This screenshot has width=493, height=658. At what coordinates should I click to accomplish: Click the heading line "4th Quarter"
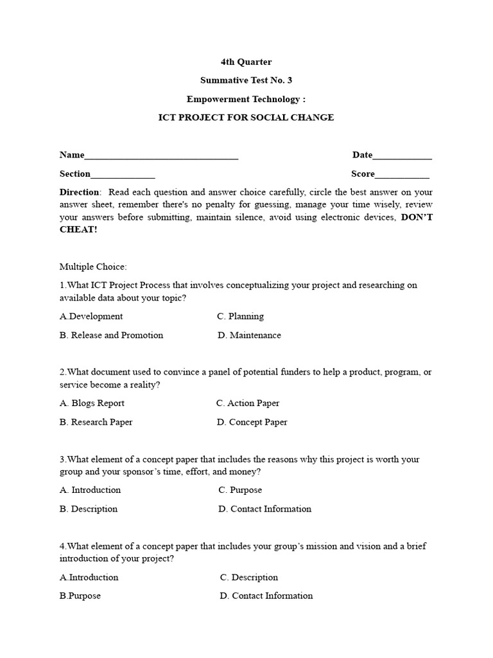pyautogui.click(x=246, y=62)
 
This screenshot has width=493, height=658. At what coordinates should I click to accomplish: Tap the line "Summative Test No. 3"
pyautogui.click(x=246, y=81)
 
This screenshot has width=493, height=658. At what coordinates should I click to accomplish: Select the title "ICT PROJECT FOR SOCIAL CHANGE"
pyautogui.click(x=246, y=118)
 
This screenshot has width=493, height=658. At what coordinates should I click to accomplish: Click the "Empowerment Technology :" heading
pyautogui.click(x=246, y=100)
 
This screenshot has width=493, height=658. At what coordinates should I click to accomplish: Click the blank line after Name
pyautogui.click(x=161, y=157)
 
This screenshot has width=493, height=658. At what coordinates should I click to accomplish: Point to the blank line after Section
pyautogui.click(x=123, y=175)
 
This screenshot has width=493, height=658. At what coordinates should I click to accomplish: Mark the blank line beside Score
pyautogui.click(x=402, y=175)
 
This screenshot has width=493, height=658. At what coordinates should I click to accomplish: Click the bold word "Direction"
pyautogui.click(x=80, y=192)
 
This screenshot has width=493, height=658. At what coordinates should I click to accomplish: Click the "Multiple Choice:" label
pyautogui.click(x=93, y=266)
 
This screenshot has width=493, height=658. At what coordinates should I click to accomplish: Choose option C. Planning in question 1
pyautogui.click(x=240, y=316)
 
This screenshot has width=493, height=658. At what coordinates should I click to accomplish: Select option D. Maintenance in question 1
pyautogui.click(x=249, y=335)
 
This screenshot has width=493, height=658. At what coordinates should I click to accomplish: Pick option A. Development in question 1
pyautogui.click(x=91, y=316)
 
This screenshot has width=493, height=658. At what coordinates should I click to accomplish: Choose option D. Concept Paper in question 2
pyautogui.click(x=252, y=422)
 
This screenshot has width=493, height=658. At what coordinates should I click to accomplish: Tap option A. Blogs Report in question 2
pyautogui.click(x=92, y=404)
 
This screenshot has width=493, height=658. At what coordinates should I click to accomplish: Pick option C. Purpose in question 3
pyautogui.click(x=240, y=490)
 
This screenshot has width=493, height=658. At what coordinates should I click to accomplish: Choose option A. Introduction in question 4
pyautogui.click(x=89, y=578)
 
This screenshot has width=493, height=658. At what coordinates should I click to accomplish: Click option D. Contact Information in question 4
pyautogui.click(x=266, y=596)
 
